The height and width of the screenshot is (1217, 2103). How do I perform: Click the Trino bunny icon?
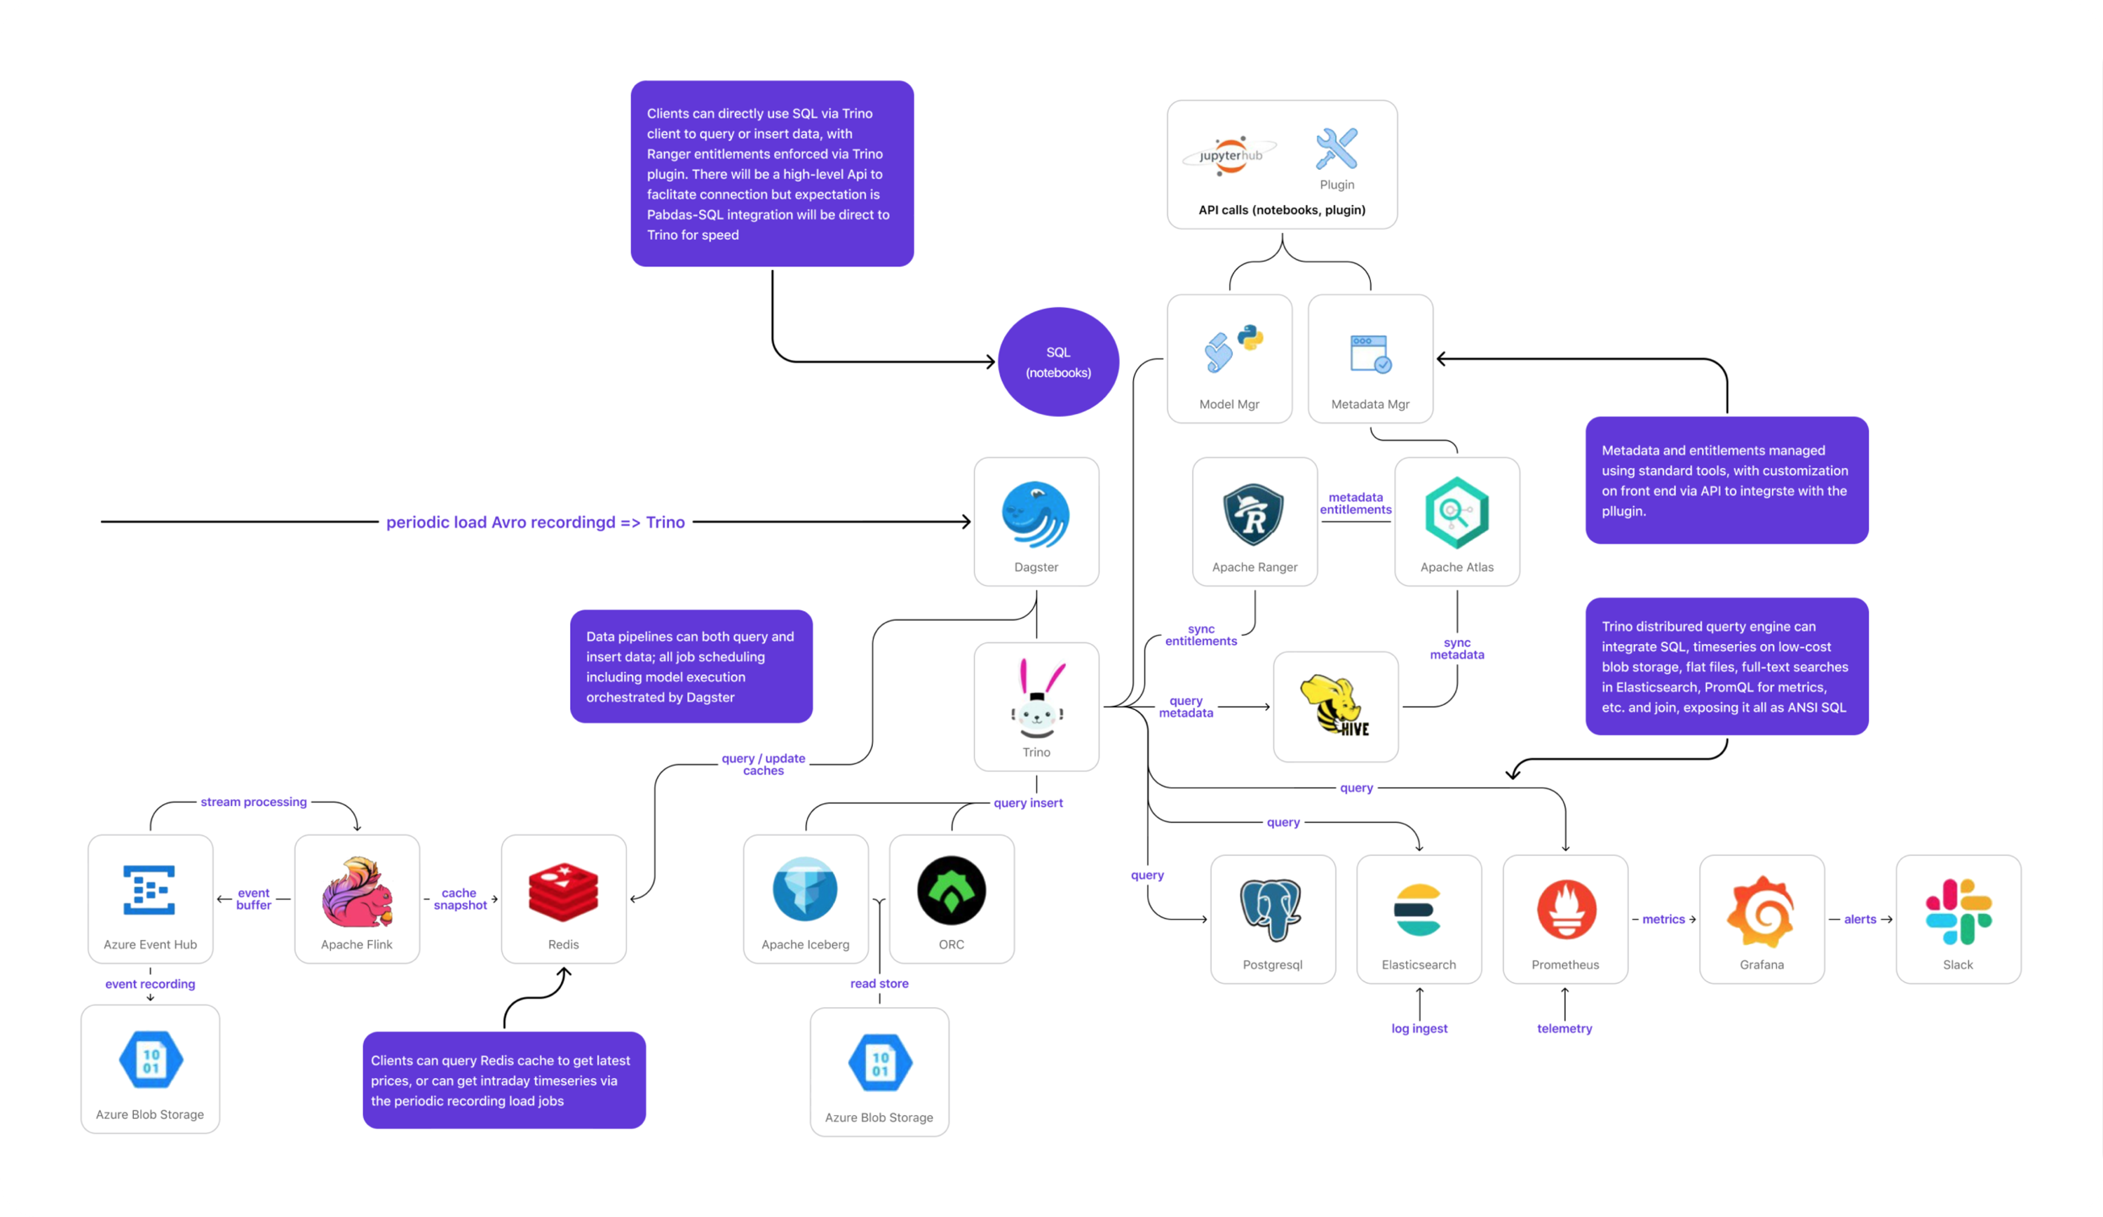(x=1037, y=699)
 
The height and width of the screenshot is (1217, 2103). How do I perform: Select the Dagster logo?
(x=1036, y=514)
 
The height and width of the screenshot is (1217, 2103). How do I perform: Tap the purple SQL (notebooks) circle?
(x=1058, y=362)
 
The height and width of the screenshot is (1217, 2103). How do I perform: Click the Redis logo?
(x=564, y=892)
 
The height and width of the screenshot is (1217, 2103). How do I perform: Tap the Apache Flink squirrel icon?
(x=357, y=892)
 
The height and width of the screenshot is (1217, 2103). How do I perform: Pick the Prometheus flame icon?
(x=1566, y=910)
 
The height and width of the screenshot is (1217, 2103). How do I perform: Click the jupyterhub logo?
(x=1229, y=155)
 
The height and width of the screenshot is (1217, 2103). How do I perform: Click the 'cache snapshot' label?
(x=460, y=899)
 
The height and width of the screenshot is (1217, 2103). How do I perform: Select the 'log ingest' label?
(x=1418, y=1029)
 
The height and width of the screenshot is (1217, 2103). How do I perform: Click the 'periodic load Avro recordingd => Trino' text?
(x=535, y=523)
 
